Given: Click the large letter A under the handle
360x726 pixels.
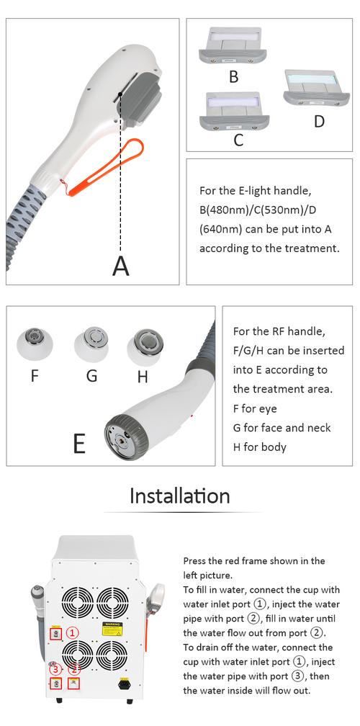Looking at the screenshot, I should pos(121,266).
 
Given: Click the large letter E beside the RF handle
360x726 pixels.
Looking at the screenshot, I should pos(79,443).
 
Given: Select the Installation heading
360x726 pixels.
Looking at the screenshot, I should pos(179,496).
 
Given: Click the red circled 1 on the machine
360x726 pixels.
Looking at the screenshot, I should pos(73,632).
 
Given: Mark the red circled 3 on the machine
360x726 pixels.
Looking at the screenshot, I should pos(55,670).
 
